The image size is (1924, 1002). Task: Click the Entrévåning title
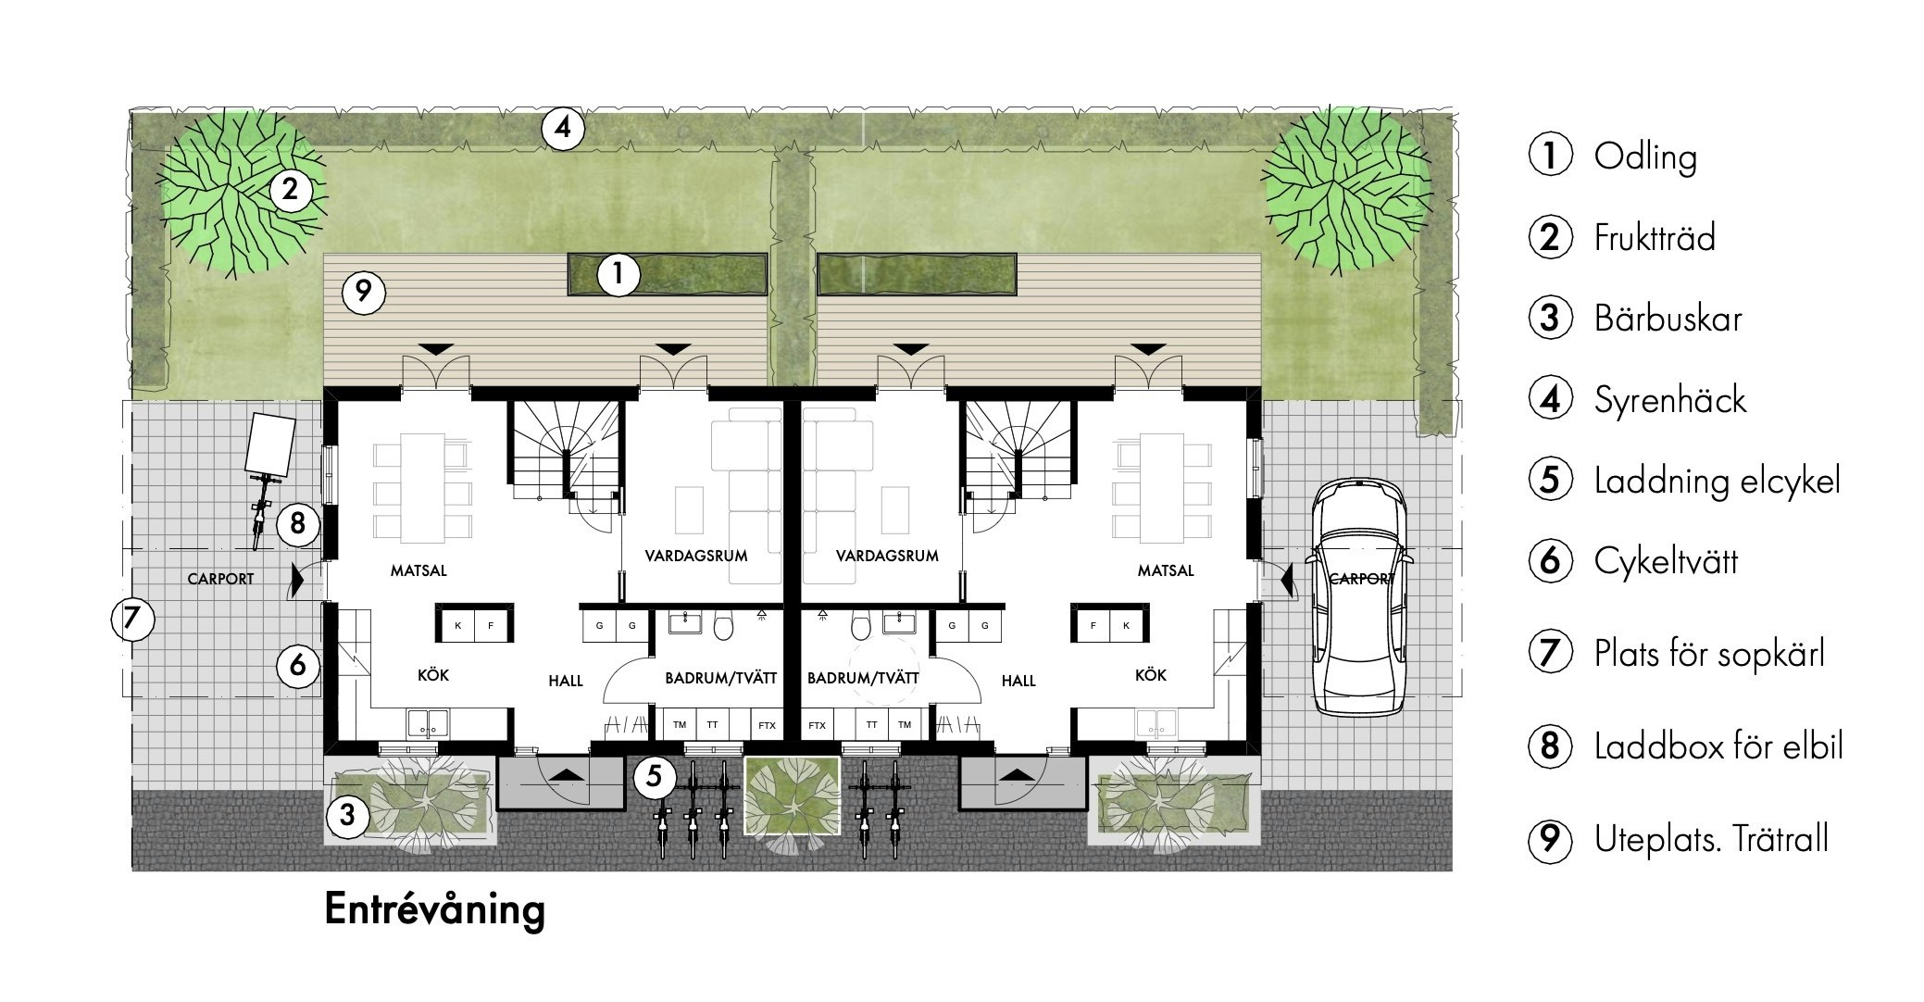[434, 909]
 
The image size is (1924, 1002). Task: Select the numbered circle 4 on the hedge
[563, 129]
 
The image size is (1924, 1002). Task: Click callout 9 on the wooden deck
[363, 293]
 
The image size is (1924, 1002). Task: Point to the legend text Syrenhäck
[1669, 400]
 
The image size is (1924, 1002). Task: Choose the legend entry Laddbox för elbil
[1718, 746]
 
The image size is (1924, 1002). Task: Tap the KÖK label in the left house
[433, 675]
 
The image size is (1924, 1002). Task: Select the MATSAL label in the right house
[1166, 570]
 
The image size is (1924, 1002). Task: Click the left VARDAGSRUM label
[696, 556]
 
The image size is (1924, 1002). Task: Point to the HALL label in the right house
[1018, 681]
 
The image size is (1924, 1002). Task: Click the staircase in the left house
[565, 453]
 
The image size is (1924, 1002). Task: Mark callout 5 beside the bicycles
[654, 776]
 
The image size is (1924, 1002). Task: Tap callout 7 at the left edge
[131, 619]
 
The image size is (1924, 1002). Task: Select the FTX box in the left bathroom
[767, 725]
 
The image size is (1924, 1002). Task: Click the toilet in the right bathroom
[861, 627]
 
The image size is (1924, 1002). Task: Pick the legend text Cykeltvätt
[1666, 561]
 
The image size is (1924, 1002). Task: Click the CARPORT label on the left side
[220, 579]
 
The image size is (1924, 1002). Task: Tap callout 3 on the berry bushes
[346, 815]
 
